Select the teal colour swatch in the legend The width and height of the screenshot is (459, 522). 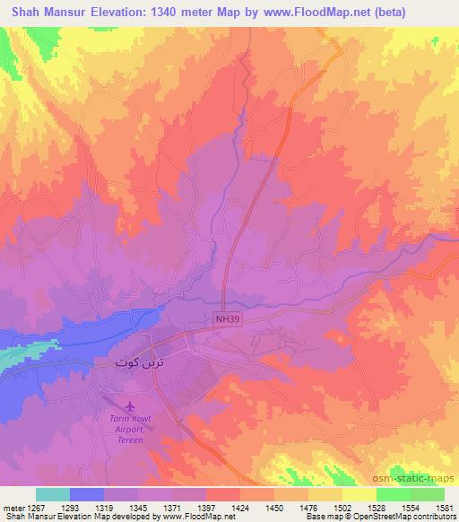[x=52, y=493]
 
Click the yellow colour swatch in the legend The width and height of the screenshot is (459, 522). [x=359, y=493]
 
